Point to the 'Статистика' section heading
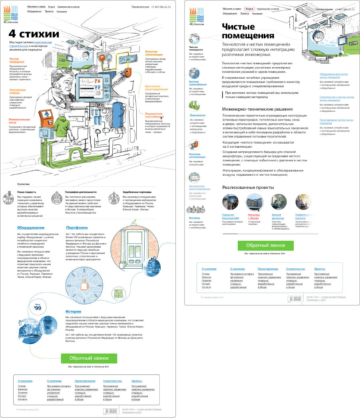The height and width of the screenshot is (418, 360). pyautogui.click(x=24, y=184)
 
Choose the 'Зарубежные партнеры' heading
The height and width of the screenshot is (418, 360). pyautogui.click(x=137, y=192)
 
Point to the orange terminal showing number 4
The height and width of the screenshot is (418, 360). pyautogui.click(x=47, y=116)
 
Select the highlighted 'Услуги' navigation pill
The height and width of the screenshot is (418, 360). pyautogui.click(x=249, y=8)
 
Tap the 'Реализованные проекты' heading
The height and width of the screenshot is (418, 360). pyautogui.click(x=248, y=187)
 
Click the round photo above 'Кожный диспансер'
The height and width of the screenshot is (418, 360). pyautogui.click(x=279, y=202)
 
